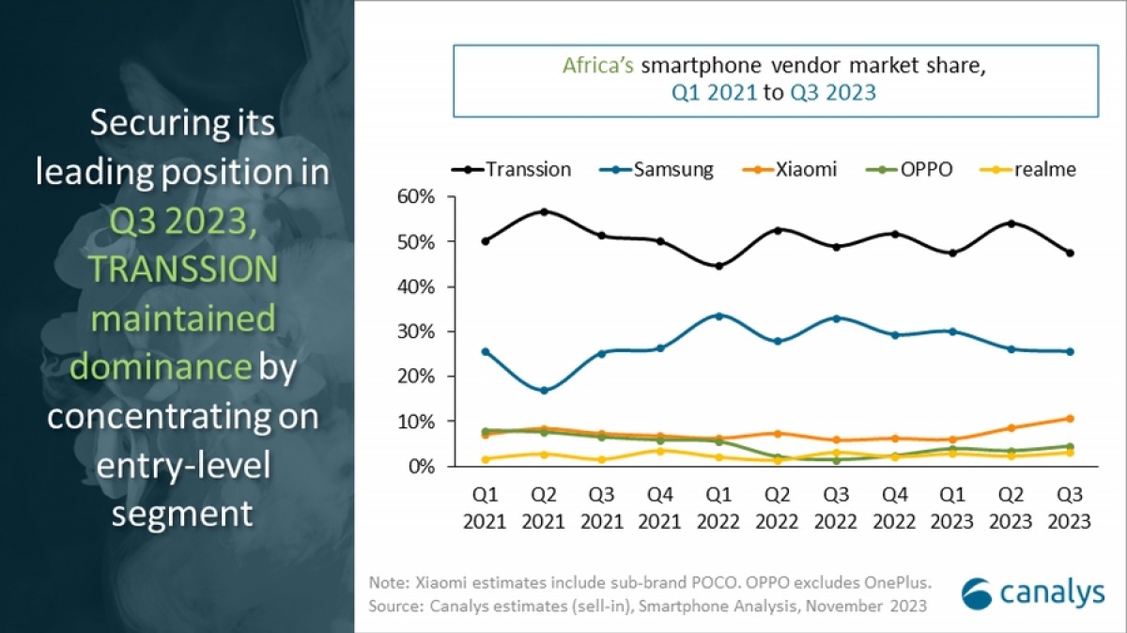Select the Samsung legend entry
(x=657, y=170)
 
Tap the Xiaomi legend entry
(x=792, y=170)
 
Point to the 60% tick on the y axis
(x=416, y=197)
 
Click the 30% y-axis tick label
(x=416, y=332)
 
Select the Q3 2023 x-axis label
(x=1068, y=508)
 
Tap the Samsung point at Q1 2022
(x=718, y=316)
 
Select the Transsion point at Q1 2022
(x=718, y=266)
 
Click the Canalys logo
(x=1034, y=594)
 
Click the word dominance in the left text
(x=161, y=366)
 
